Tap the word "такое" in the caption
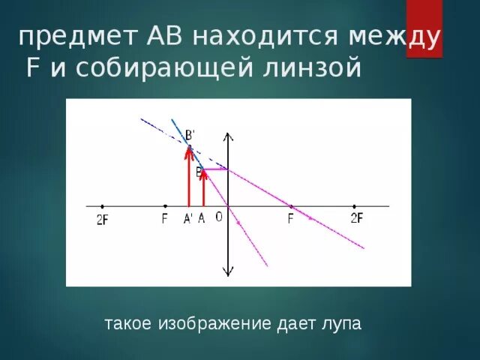coord(128,324)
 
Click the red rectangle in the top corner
coord(424,28)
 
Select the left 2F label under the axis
coord(103,220)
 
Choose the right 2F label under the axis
coord(357,218)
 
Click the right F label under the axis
coord(291,219)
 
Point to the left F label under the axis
coord(164,220)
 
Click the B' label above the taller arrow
coord(190,135)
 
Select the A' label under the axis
coord(187,219)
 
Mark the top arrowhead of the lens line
coord(228,137)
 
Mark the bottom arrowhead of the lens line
coord(228,274)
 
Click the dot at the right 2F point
coord(354,206)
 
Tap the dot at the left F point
coord(165,206)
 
